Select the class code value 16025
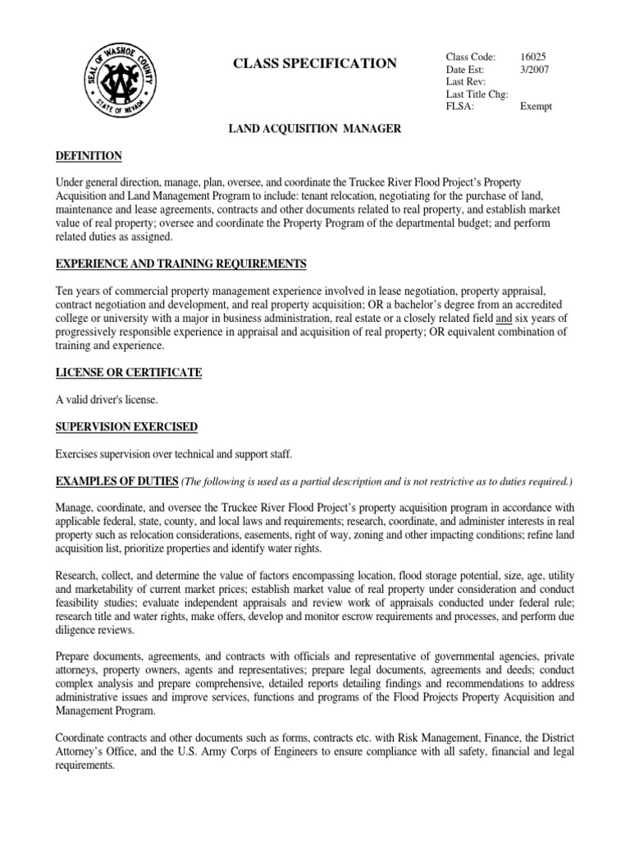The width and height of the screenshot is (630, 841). click(x=533, y=57)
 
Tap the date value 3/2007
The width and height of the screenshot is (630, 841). click(x=533, y=69)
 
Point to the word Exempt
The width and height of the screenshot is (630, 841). click(x=536, y=106)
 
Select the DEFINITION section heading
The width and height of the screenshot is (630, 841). click(x=89, y=155)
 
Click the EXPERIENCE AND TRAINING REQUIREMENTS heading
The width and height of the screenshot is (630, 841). click(x=181, y=264)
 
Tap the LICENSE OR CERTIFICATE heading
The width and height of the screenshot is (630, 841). click(x=129, y=372)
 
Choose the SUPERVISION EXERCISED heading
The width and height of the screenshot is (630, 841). click(x=126, y=426)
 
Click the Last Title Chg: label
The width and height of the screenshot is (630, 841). click(x=477, y=94)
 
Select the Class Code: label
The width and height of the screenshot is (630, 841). click(x=471, y=57)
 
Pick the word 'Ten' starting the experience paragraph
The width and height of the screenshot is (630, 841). click(x=65, y=291)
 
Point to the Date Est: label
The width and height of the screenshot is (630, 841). click(x=467, y=69)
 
